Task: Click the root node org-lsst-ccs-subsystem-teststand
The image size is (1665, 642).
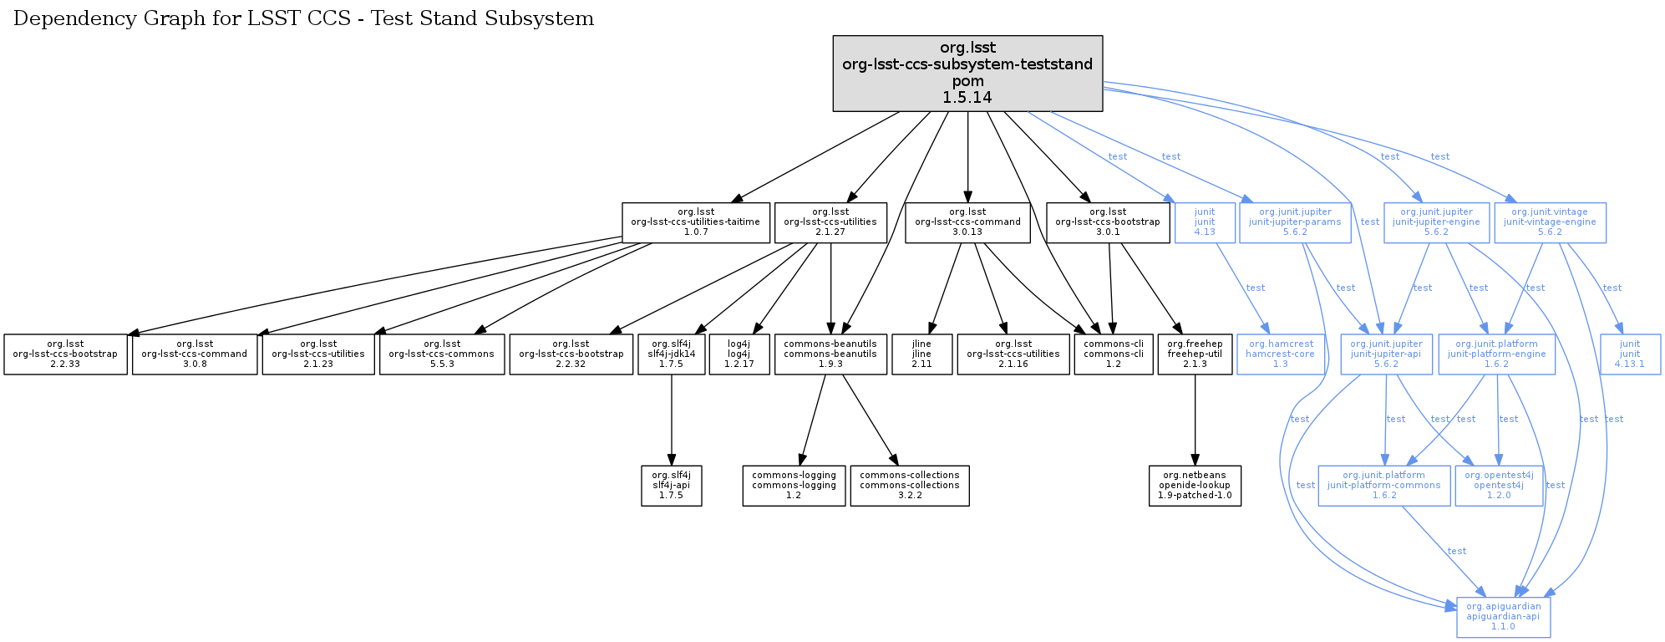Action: (967, 73)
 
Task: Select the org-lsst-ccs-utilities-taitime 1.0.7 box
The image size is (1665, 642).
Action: (695, 222)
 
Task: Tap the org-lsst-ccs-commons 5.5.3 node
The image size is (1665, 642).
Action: (441, 354)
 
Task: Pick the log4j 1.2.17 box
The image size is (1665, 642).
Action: (739, 354)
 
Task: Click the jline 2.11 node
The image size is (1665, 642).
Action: (921, 354)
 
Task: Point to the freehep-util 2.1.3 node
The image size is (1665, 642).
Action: (1195, 354)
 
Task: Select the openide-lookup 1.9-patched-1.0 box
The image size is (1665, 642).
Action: (1195, 486)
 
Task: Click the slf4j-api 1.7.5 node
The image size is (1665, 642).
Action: (672, 486)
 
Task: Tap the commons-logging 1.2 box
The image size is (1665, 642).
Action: (794, 486)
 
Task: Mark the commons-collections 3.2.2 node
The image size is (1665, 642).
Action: (910, 486)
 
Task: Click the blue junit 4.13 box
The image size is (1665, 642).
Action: (1205, 222)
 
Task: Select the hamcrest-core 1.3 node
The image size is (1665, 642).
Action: (1280, 354)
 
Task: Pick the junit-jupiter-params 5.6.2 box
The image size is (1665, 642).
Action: (1295, 222)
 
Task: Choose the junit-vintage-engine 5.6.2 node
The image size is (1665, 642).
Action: (1550, 222)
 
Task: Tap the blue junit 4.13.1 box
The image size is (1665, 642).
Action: (1630, 354)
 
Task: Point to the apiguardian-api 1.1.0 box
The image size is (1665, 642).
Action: (1503, 617)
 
